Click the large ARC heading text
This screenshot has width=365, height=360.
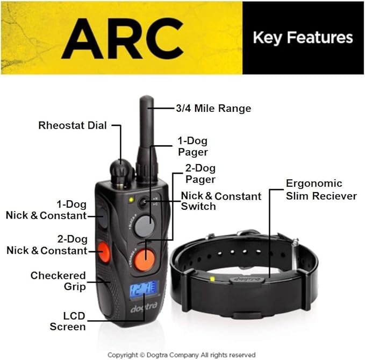click(x=123, y=39)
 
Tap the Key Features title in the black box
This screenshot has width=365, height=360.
click(x=303, y=38)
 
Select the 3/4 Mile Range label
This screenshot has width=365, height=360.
click(x=213, y=108)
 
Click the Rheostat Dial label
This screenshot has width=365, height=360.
click(x=73, y=125)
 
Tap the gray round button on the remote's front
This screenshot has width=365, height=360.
click(x=144, y=226)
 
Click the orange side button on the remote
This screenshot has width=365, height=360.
click(x=104, y=252)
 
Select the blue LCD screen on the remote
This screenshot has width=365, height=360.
click(x=144, y=291)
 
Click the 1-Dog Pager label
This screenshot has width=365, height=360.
click(x=193, y=146)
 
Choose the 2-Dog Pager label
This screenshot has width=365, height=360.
click(x=201, y=174)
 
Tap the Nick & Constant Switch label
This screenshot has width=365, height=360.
click(x=221, y=201)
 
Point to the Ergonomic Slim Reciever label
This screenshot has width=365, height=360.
click(x=321, y=189)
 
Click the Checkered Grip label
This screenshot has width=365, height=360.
click(x=58, y=281)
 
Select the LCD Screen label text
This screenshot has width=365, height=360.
click(x=68, y=321)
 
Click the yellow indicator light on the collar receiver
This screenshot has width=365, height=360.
click(x=212, y=279)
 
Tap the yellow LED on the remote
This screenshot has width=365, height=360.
click(x=131, y=200)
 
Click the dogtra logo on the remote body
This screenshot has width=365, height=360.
click(x=144, y=307)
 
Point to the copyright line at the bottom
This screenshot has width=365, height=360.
click(x=182, y=355)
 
